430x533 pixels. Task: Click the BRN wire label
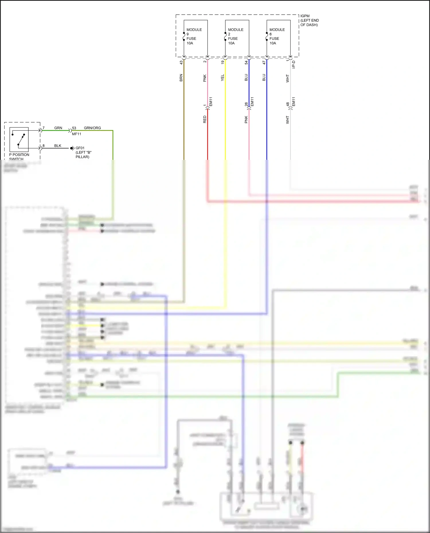tap(181, 78)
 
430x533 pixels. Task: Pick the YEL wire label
tap(222, 78)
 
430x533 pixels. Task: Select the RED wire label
tap(205, 119)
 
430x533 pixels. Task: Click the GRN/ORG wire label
tap(92, 128)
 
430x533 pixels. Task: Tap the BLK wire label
tap(58, 146)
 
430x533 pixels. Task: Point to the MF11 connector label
tap(77, 134)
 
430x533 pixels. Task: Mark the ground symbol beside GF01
tap(72, 148)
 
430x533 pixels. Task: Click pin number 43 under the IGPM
tap(181, 62)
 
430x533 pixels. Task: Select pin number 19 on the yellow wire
tap(222, 62)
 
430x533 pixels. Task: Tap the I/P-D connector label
tap(294, 64)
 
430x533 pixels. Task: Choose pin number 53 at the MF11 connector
tap(74, 128)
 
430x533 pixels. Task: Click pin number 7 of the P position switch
tap(44, 128)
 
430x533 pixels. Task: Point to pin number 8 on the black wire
tap(44, 146)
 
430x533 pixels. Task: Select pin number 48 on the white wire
tap(288, 104)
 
